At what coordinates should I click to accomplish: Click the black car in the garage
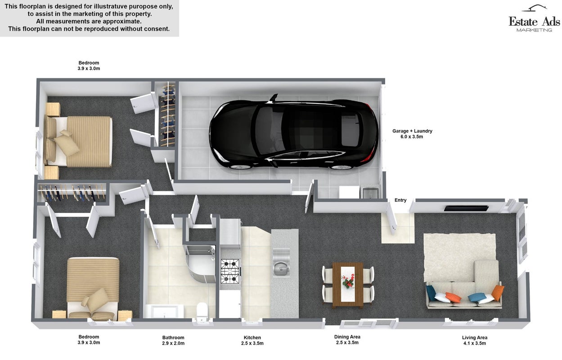[x=293, y=132]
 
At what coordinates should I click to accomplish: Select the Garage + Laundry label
[x=412, y=134]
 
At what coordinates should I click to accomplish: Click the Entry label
[x=400, y=200]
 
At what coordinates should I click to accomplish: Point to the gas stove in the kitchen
[x=230, y=271]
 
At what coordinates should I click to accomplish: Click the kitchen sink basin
[x=281, y=269]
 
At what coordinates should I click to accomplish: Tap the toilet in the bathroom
[x=202, y=311]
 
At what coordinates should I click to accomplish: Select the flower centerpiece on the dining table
[x=348, y=281]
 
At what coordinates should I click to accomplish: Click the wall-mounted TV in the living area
[x=466, y=208]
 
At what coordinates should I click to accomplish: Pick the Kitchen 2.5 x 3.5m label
[x=252, y=340]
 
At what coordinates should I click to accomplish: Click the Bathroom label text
[x=173, y=337]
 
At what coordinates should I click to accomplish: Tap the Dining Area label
[x=347, y=337]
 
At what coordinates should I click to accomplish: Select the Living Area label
[x=474, y=337]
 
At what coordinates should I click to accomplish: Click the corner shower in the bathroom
[x=201, y=263]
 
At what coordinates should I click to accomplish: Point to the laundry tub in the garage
[x=370, y=193]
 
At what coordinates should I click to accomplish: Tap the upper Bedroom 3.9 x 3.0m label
[x=89, y=66]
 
